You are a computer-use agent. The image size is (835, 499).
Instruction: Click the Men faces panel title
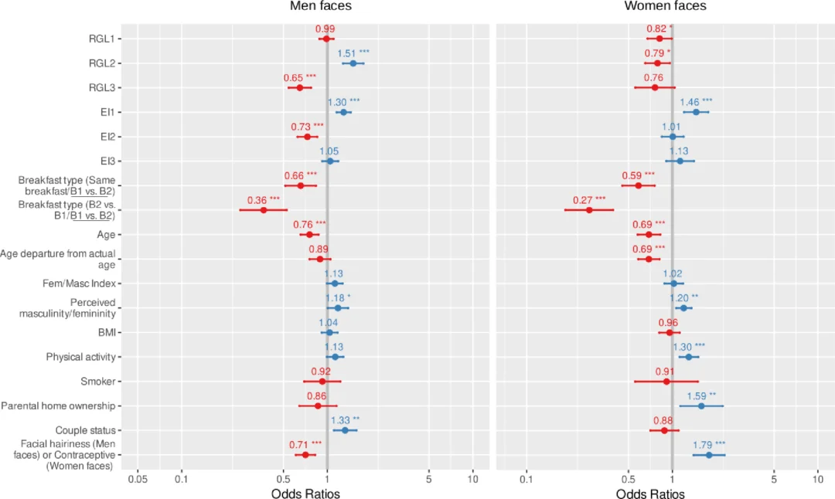(321, 6)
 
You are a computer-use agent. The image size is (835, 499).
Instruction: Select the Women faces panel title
(665, 6)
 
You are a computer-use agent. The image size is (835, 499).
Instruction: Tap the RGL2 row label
(102, 63)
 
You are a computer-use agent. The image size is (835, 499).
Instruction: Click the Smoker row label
(98, 382)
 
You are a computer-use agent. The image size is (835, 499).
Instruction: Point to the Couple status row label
(85, 430)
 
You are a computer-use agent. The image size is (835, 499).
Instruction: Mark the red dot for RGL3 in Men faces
(299, 87)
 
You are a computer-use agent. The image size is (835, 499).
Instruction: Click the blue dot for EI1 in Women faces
(696, 112)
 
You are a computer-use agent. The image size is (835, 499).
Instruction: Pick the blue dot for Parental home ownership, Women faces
(701, 406)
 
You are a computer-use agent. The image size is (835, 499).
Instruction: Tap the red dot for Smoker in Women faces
(666, 381)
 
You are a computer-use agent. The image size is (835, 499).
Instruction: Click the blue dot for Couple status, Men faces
(345, 430)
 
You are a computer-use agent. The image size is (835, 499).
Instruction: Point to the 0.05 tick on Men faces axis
(138, 479)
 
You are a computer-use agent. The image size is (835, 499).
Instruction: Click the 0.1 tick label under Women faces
(527, 479)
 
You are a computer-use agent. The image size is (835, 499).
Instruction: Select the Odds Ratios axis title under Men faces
(305, 493)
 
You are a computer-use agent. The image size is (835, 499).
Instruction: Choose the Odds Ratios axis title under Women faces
(650, 493)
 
